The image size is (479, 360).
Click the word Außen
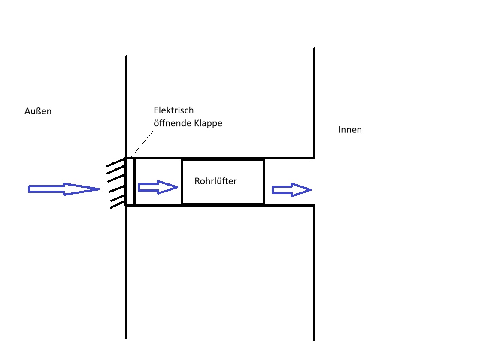(38, 111)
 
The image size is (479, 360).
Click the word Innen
(350, 130)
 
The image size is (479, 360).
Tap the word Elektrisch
(173, 110)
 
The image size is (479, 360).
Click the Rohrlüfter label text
(215, 181)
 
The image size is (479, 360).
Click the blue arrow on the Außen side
(64, 189)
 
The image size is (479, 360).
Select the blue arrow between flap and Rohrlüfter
(158, 187)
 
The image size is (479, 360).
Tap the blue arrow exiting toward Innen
(291, 189)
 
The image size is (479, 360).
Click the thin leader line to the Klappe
(142, 144)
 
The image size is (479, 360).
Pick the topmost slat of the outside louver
(116, 162)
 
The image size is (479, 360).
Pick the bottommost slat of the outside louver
(118, 204)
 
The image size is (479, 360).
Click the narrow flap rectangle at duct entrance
(130, 181)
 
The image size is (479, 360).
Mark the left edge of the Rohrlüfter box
(182, 182)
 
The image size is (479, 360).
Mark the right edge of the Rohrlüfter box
(264, 182)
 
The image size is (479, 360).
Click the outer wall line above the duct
(126, 107)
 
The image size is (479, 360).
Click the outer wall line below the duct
(126, 272)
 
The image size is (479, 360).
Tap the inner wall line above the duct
(314, 103)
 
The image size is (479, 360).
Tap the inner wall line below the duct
(314, 273)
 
